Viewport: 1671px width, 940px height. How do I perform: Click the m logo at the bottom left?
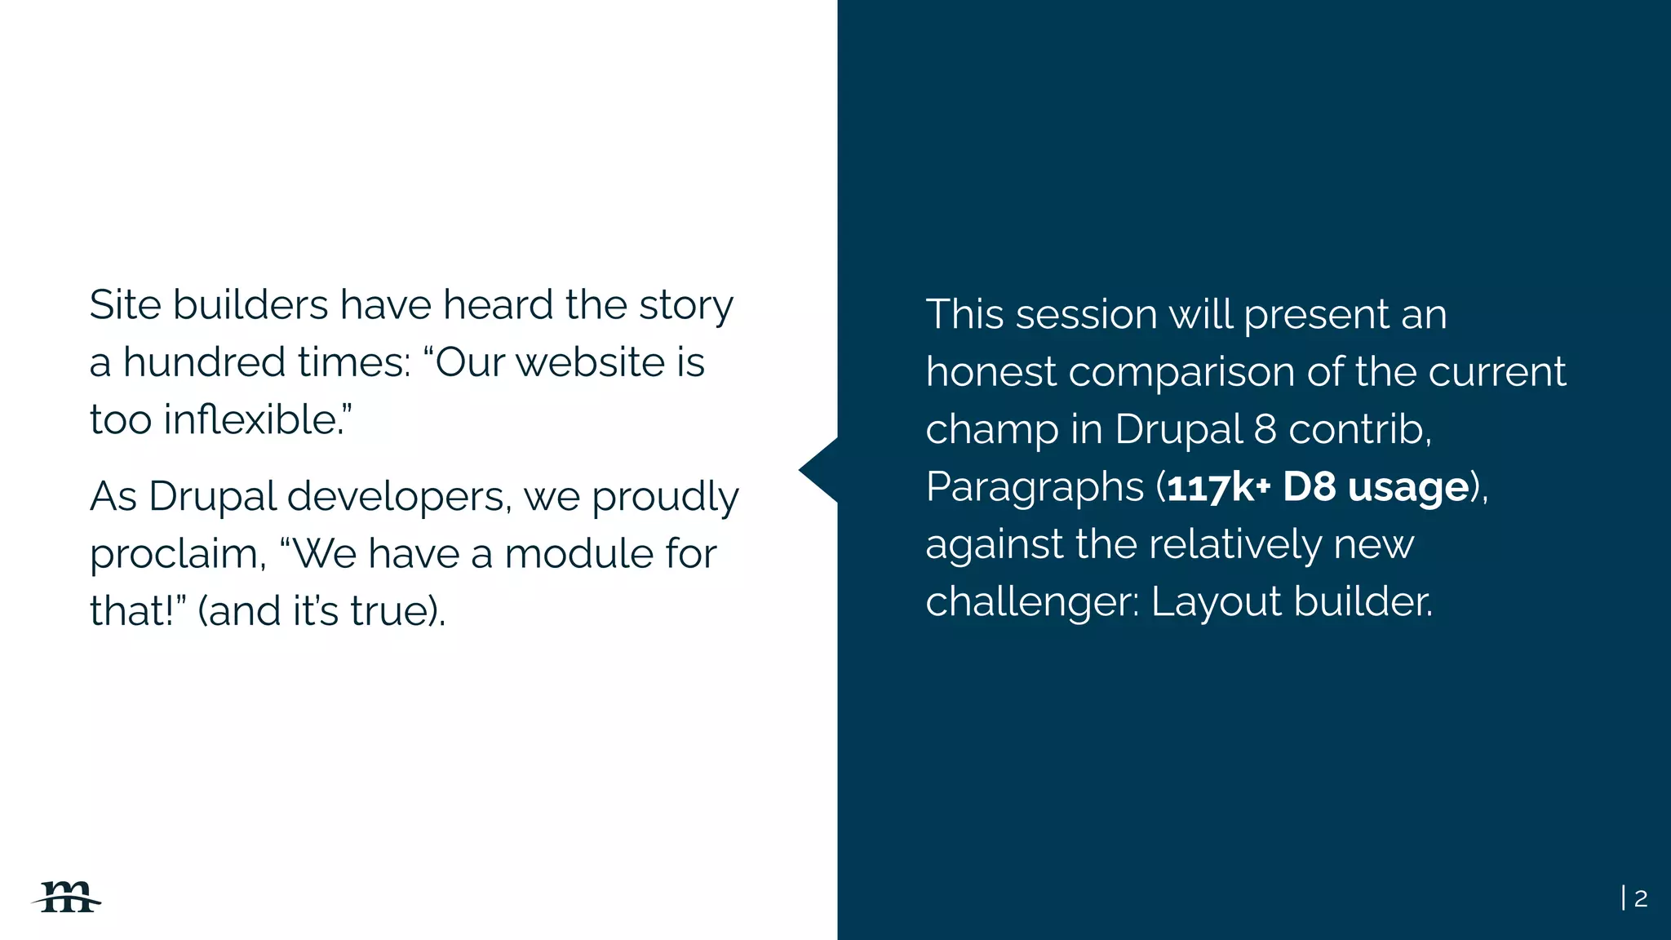[x=68, y=898]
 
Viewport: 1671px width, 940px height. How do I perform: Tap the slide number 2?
[x=1641, y=898]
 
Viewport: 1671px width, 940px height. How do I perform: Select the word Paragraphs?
[x=1035, y=487]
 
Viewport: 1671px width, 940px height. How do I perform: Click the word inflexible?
[x=250, y=419]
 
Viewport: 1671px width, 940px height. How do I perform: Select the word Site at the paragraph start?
[x=125, y=305]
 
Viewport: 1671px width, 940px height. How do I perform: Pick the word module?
[x=578, y=553]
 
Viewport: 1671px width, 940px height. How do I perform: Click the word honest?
[x=991, y=372]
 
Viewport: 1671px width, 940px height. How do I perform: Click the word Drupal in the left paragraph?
[x=212, y=497]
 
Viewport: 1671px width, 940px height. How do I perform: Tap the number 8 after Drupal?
[x=1265, y=429]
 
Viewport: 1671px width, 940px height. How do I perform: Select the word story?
[x=685, y=306]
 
